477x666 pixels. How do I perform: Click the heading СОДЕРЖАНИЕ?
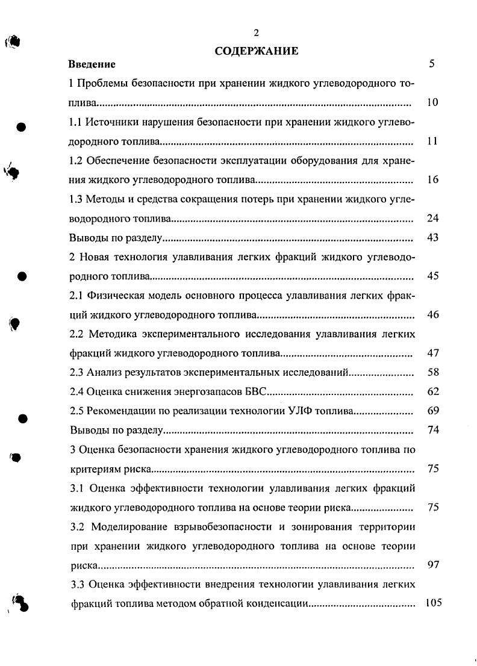pyautogui.click(x=256, y=51)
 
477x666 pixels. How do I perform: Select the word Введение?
pyautogui.click(x=92, y=64)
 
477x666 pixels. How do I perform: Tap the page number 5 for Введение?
pyautogui.click(x=432, y=64)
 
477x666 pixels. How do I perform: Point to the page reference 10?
pyautogui.click(x=432, y=103)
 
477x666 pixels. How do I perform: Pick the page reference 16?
pyautogui.click(x=432, y=180)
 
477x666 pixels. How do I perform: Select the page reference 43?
pyautogui.click(x=432, y=238)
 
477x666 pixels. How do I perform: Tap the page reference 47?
pyautogui.click(x=432, y=353)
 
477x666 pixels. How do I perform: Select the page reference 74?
pyautogui.click(x=432, y=431)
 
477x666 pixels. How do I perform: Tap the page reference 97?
pyautogui.click(x=432, y=565)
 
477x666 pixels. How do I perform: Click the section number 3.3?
pyautogui.click(x=77, y=585)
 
